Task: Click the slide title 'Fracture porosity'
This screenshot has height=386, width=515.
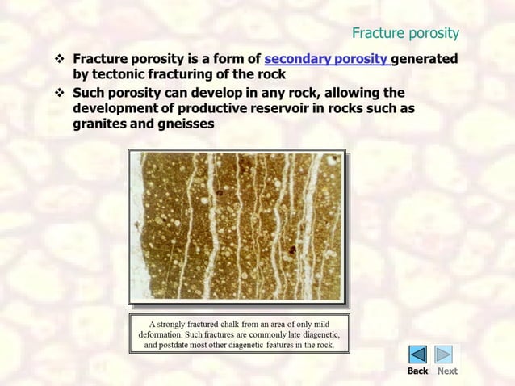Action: [x=405, y=33]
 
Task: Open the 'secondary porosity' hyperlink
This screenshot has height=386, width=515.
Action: [x=326, y=59]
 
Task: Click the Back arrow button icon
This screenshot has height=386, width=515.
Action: [x=417, y=354]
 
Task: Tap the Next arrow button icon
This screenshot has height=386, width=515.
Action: [x=444, y=354]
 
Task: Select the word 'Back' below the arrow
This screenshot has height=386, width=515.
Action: [x=417, y=371]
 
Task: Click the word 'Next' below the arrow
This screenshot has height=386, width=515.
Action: [x=447, y=371]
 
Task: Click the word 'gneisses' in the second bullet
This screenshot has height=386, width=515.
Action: [x=187, y=125]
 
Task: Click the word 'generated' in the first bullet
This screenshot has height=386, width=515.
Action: [x=425, y=59]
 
